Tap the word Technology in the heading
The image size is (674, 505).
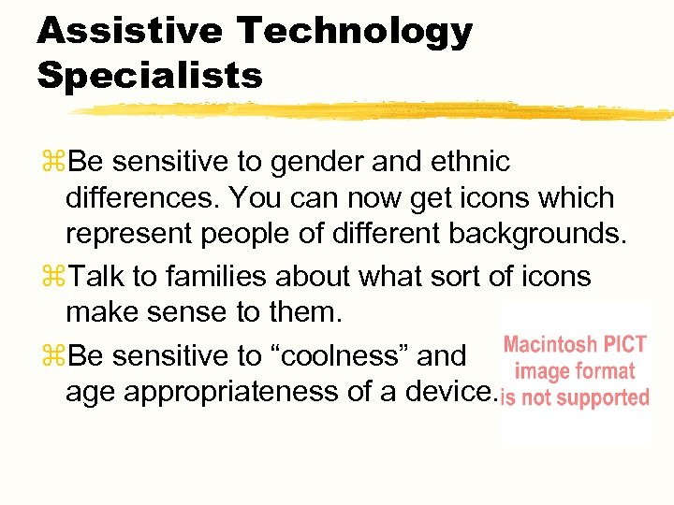pyautogui.click(x=355, y=33)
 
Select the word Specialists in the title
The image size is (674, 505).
pyautogui.click(x=150, y=76)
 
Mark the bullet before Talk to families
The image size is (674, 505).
pyautogui.click(x=52, y=278)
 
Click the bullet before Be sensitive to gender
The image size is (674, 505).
pyautogui.click(x=52, y=163)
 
